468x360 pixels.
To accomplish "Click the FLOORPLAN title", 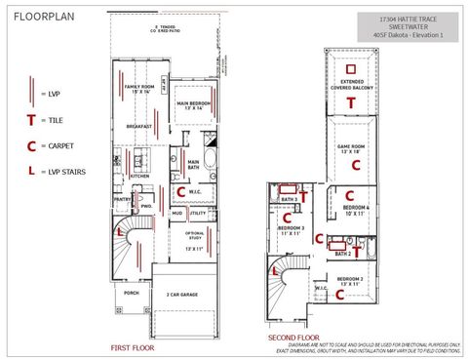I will click(x=43, y=17).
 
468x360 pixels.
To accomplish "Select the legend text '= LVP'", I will click(x=52, y=94).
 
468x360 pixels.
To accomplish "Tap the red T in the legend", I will click(x=32, y=120).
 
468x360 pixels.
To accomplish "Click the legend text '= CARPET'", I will click(x=58, y=146).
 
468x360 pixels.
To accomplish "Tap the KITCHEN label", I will click(x=138, y=177).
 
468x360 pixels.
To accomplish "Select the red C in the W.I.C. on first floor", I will click(x=181, y=191).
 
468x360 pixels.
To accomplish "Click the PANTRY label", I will click(x=122, y=199).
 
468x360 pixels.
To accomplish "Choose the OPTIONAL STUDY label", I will click(x=195, y=236).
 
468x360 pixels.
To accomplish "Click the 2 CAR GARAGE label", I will click(x=182, y=294).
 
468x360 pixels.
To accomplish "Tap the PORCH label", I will click(x=131, y=292).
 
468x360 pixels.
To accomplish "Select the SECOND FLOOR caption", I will click(x=292, y=339).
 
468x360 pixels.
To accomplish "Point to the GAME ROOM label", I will click(x=351, y=149).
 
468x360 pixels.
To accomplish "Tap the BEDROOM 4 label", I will click(x=356, y=210).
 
